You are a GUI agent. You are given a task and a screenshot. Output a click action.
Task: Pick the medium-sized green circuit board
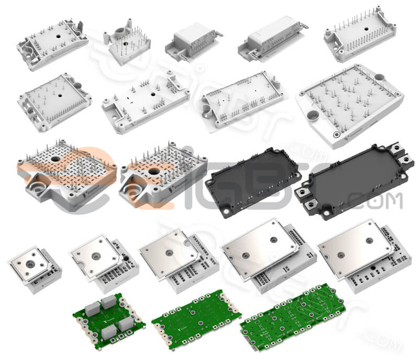tap(195, 319)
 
